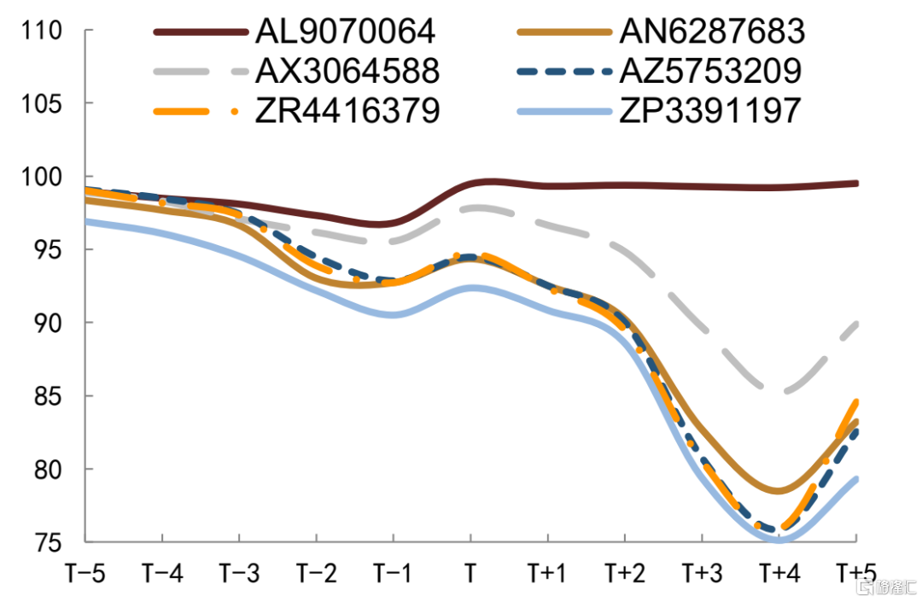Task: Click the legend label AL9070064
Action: [x=346, y=32]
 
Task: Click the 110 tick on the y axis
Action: [x=44, y=31]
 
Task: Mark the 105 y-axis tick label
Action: [x=44, y=104]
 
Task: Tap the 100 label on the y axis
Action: [x=44, y=178]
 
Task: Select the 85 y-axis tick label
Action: [x=49, y=396]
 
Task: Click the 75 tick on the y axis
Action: [x=49, y=542]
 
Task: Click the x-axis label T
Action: [x=470, y=573]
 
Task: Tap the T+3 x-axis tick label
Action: [x=702, y=573]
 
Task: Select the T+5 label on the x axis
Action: [x=856, y=573]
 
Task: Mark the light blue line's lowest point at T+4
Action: [x=779, y=540]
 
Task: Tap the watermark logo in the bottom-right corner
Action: [x=888, y=587]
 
